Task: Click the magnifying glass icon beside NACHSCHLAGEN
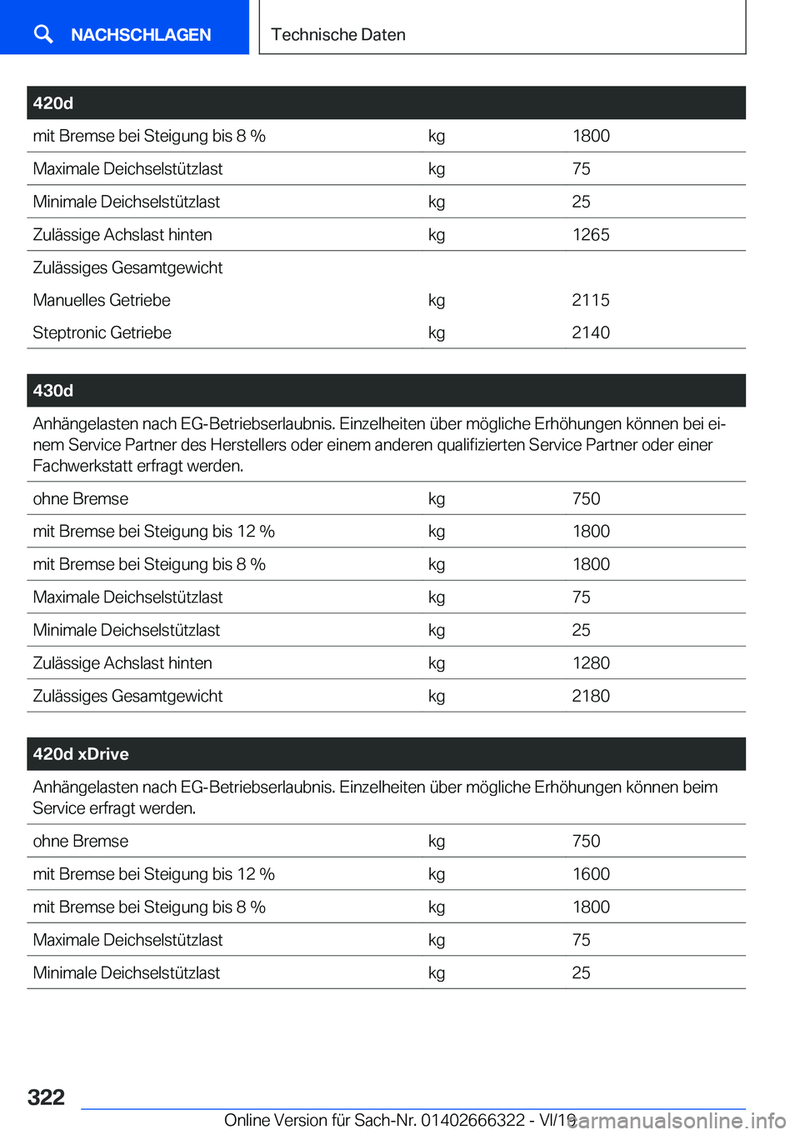tap(43, 33)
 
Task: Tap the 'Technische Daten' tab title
tap(337, 35)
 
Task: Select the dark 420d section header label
tap(53, 103)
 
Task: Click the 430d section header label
tap(53, 391)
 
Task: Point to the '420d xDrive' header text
tap(81, 754)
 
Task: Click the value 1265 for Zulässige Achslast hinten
tap(590, 235)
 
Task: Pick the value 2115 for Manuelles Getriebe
tap(590, 300)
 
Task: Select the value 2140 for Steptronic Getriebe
tap(590, 332)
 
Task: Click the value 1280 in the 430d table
tap(590, 663)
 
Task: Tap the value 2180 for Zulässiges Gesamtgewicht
tap(590, 696)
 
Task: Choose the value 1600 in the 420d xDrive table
tap(590, 874)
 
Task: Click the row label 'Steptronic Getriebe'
tap(102, 332)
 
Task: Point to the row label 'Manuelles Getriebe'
tap(102, 300)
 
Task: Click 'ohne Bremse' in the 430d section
tap(80, 499)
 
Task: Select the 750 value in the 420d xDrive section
tap(586, 842)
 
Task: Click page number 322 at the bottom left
tap(46, 1097)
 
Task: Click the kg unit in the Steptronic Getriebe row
tap(436, 332)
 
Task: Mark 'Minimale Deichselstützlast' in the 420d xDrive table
tap(126, 973)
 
